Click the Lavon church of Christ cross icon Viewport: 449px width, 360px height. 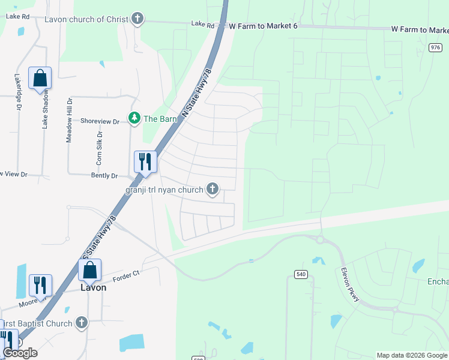coord(138,19)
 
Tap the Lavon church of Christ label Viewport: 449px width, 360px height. coord(86,19)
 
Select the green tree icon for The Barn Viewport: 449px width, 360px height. coord(134,118)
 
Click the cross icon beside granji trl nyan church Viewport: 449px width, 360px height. coord(212,190)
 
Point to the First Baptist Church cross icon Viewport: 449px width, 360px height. coord(82,323)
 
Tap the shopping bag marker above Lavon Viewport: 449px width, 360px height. coord(89,271)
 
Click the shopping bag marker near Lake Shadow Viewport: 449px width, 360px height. coord(40,79)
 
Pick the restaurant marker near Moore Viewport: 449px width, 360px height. coord(40,286)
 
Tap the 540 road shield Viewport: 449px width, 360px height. coord(301,274)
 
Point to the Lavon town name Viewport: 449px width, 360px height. coord(93,287)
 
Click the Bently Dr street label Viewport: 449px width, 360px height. coord(104,176)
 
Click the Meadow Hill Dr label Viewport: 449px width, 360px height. coord(69,120)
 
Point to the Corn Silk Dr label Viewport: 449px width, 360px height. coord(99,149)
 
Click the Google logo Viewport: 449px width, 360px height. coord(20,353)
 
